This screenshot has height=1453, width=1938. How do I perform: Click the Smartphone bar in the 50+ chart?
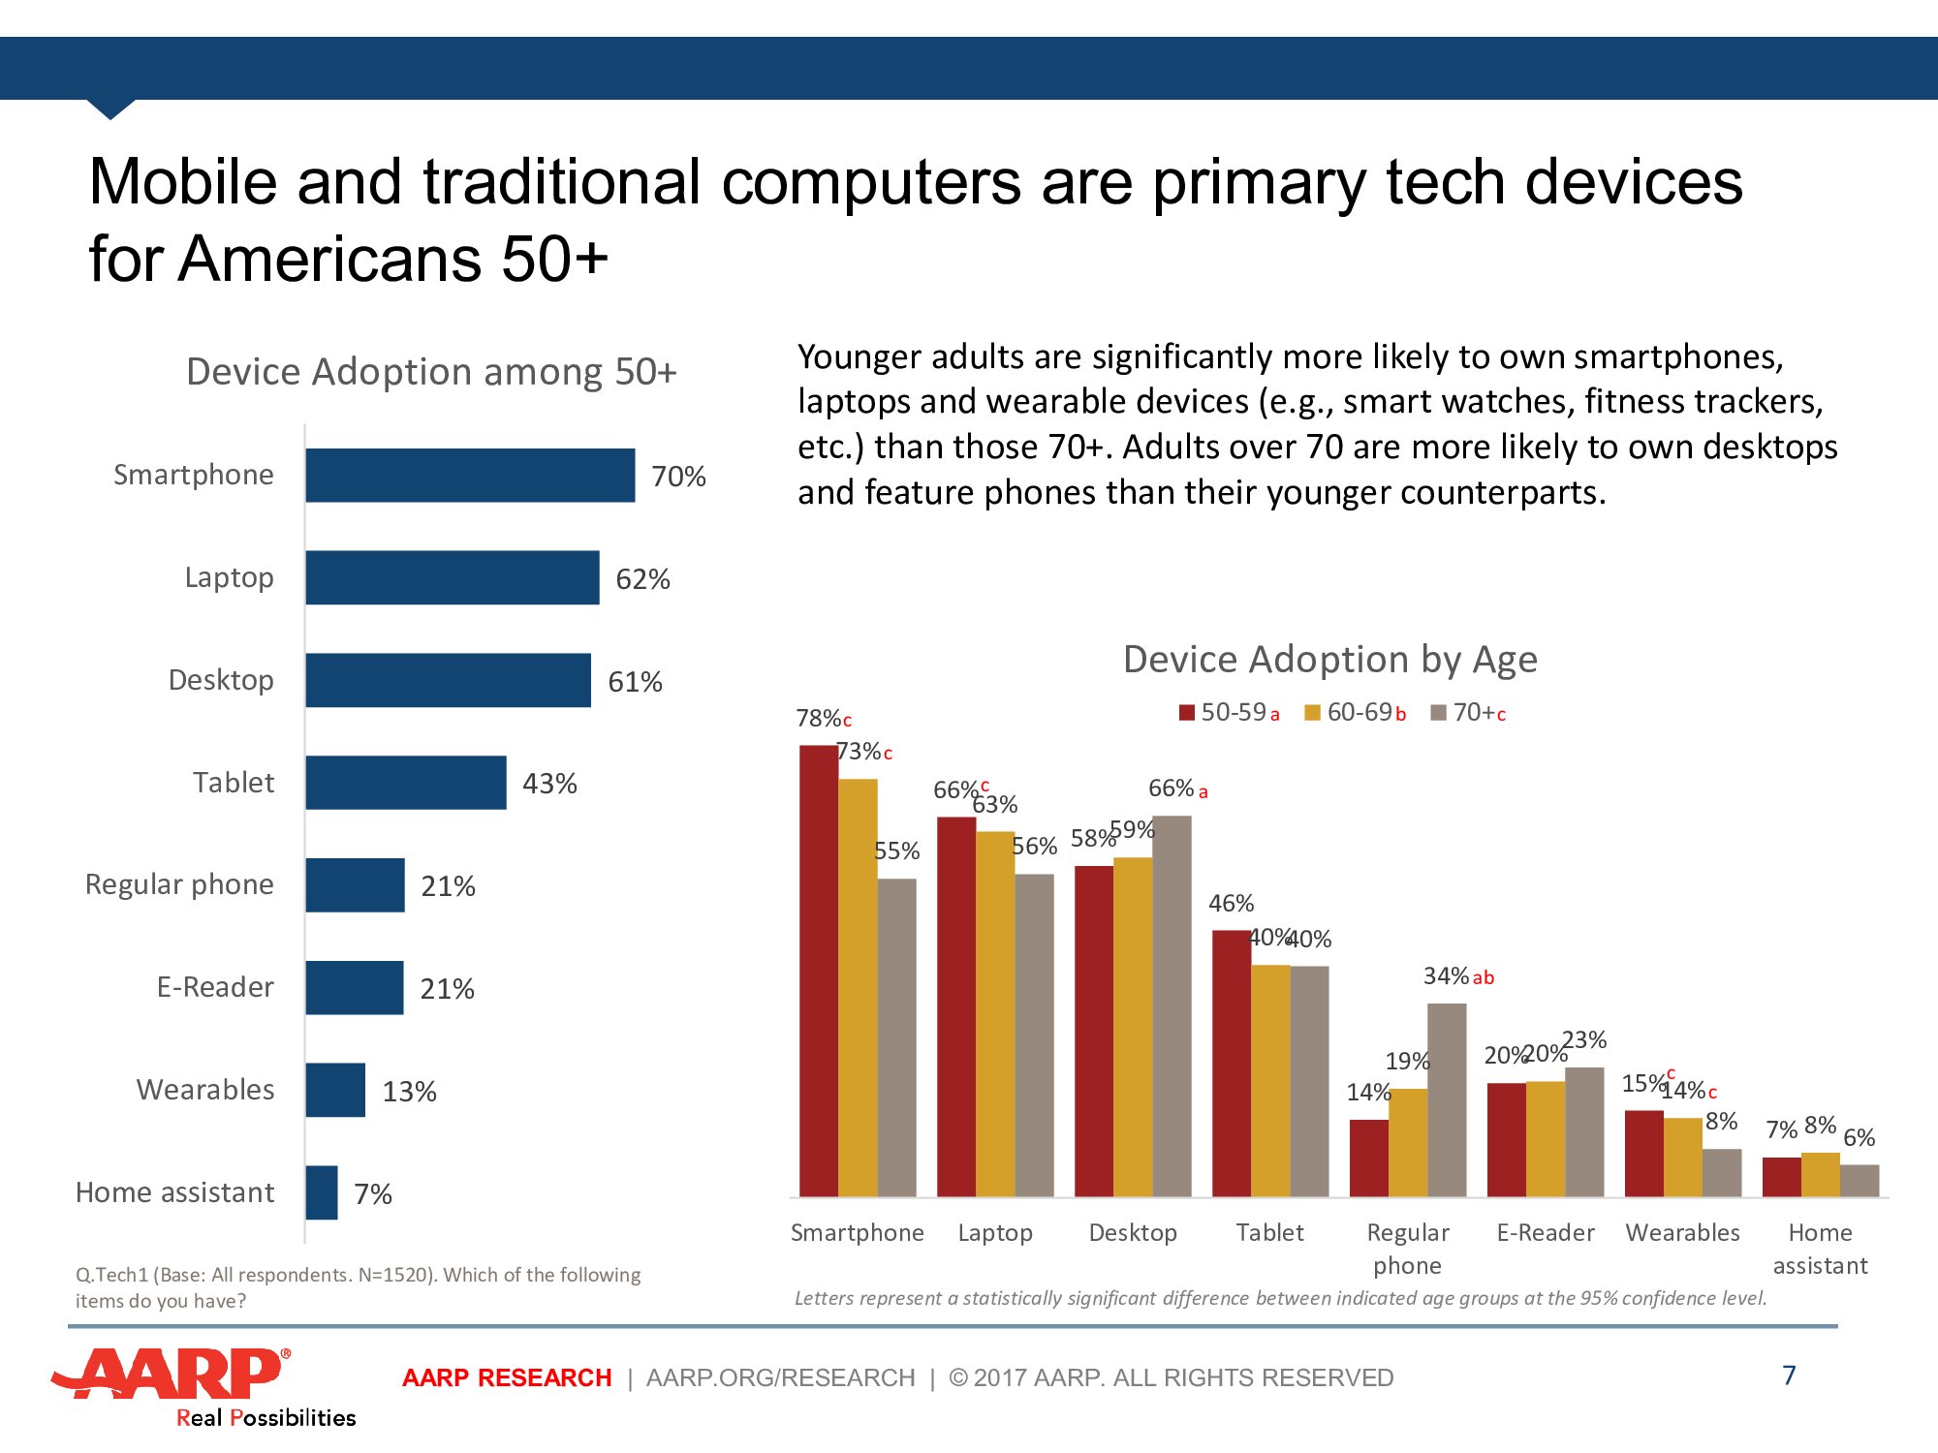pos(470,475)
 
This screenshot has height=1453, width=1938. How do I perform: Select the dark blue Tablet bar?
pos(405,783)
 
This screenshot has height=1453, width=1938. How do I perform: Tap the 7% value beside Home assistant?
pos(373,1193)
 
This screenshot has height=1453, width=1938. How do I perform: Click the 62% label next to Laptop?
pos(642,579)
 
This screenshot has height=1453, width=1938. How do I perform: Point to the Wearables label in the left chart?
pos(205,1090)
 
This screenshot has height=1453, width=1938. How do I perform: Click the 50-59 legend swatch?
pos(1186,713)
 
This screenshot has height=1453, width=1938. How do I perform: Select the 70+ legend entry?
pos(1469,713)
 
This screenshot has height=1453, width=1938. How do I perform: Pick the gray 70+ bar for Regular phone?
pos(1447,1099)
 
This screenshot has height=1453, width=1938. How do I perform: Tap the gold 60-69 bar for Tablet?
pos(1270,1080)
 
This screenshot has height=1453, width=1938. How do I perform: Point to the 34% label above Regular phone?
pos(1446,976)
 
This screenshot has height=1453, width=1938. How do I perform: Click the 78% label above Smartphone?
pos(818,719)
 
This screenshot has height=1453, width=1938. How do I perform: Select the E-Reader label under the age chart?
pos(1546,1233)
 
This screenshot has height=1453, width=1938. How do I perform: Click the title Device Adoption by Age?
pos(1329,660)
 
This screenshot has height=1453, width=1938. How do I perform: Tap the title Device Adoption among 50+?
pos(431,372)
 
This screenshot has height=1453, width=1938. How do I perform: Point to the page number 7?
pos(1789,1376)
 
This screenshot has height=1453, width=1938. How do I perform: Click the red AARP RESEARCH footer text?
pos(507,1377)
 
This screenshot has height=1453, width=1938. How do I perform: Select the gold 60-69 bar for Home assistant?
pos(1820,1174)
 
